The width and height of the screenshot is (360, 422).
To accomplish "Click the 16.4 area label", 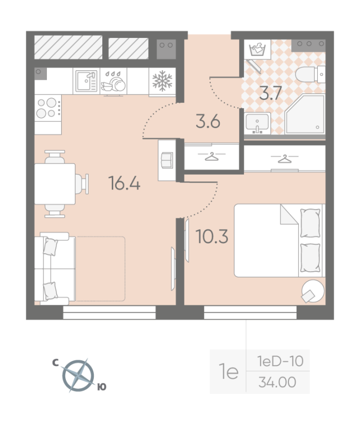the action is (124, 183).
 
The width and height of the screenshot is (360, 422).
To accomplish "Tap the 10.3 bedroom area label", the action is (212, 236).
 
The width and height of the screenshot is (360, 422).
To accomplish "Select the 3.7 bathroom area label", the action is (270, 93).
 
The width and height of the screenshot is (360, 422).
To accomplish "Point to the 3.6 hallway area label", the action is (208, 121).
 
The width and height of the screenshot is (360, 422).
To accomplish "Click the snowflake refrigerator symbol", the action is (162, 81).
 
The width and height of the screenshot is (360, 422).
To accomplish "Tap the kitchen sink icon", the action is (86, 81).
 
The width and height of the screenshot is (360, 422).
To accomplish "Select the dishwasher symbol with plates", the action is (113, 82).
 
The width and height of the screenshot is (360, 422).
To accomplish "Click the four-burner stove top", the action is (48, 108).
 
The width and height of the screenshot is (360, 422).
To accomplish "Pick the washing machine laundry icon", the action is (257, 49).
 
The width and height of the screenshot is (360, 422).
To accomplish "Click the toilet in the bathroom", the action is (310, 74).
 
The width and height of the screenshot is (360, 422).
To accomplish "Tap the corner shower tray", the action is (305, 114).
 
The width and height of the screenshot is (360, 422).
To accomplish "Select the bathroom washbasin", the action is (257, 123).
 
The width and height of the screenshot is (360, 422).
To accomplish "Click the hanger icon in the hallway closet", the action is (211, 156).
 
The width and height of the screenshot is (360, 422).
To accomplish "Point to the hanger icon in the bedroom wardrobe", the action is (285, 159).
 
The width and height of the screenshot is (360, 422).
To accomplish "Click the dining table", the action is (55, 184).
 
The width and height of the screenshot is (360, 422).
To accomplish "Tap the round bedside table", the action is (313, 291).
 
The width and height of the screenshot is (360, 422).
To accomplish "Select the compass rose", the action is (78, 376).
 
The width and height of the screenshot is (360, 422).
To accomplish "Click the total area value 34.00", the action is (277, 382).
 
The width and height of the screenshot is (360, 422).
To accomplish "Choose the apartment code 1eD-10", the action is (280, 361).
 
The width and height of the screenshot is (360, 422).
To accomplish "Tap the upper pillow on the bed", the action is (310, 223).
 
